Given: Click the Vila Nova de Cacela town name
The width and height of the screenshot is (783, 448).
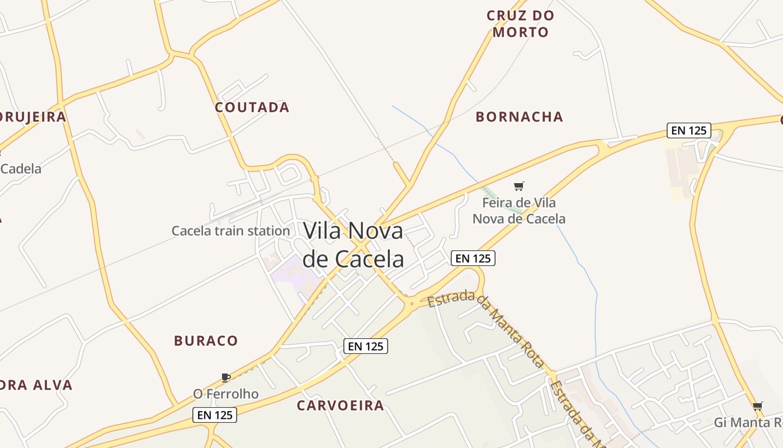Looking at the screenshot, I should pos(353,245).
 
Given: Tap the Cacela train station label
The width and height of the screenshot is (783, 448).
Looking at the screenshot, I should pos(230,231).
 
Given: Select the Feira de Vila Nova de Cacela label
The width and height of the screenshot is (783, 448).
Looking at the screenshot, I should pos(519,211).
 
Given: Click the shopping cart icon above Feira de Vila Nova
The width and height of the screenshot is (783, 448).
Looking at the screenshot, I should pos(519,186).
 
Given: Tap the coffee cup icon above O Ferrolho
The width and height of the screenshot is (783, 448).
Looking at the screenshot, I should pos(226,377).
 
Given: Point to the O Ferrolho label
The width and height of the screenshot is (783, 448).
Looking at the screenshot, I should pos(226,394).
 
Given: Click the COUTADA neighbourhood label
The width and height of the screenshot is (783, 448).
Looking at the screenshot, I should pos(252,108).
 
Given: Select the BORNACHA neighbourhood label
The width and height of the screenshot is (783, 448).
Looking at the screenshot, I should pos(519,117).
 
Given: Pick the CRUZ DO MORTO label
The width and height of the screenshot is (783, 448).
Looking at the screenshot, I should pos(520,24).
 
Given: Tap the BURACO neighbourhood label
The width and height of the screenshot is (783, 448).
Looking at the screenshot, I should pos(206,340).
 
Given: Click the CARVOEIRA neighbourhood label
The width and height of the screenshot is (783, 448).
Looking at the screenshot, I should pos(340,405).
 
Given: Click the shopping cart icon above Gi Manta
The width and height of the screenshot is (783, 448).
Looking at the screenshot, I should pos(758,406).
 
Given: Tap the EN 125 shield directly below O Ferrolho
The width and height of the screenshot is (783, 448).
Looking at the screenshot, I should pos(215,415).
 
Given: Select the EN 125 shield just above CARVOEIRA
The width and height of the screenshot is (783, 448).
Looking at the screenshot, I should pos(365,346).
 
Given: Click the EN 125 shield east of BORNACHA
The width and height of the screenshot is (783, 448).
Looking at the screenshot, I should pos(689,130).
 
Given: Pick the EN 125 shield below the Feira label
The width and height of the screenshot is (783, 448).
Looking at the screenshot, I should pos(473,258).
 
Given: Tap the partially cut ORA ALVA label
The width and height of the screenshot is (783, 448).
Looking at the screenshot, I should pos(36,385).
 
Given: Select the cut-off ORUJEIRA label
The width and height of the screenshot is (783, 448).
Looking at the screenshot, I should pos(33,116).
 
